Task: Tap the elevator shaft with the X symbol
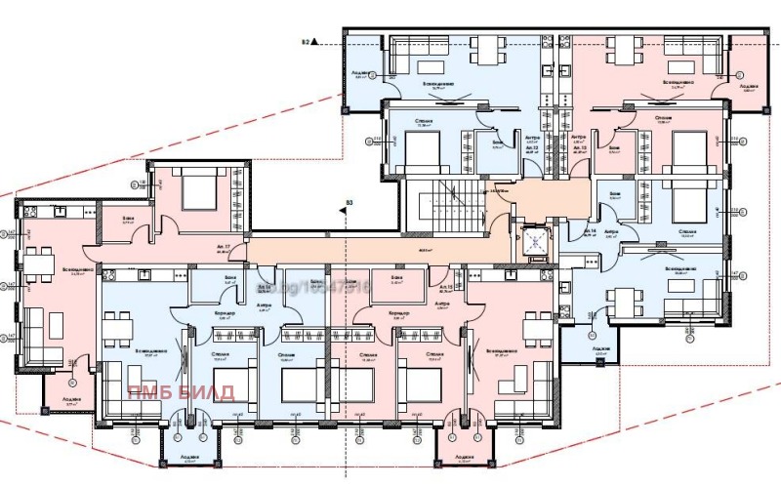(x=535, y=241)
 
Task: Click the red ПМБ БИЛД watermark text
(x=181, y=392)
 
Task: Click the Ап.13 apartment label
(x=582, y=146)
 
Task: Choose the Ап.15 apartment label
(x=446, y=287)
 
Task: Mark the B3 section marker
(x=348, y=204)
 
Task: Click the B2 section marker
(x=306, y=42)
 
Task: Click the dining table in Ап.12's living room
(x=485, y=49)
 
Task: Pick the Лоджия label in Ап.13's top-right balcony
(x=748, y=85)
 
